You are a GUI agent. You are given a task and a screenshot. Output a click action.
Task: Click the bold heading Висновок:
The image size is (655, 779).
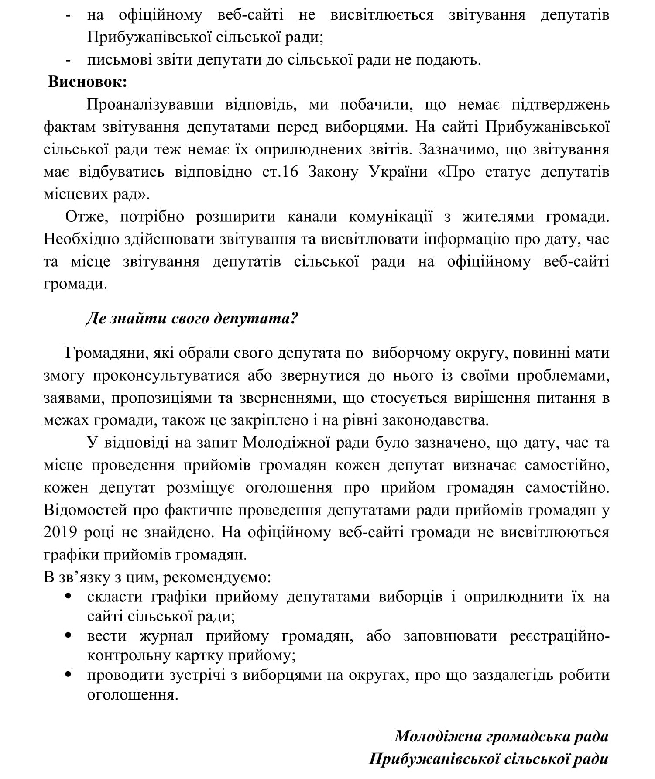tap(87, 82)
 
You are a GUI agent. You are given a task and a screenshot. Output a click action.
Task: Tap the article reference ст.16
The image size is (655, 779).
tap(280, 172)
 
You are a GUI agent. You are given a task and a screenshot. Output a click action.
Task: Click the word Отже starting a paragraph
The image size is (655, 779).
tap(87, 216)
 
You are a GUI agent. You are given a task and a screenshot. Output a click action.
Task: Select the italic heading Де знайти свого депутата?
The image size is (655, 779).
tap(192, 319)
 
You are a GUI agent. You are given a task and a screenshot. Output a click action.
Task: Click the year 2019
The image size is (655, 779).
tap(61, 532)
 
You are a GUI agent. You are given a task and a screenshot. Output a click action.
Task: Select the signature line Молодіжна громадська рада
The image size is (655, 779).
tap(501, 736)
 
